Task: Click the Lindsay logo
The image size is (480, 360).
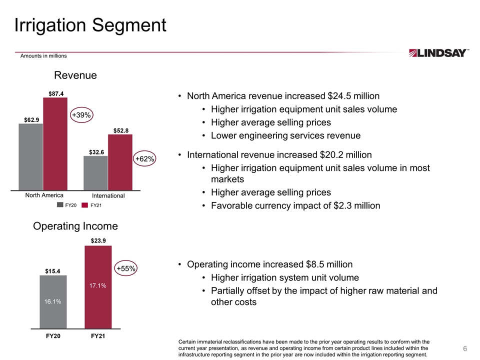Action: tap(438, 52)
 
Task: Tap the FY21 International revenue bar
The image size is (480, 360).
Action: tap(120, 162)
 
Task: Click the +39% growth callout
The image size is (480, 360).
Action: tap(81, 115)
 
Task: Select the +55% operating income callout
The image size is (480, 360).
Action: tap(126, 268)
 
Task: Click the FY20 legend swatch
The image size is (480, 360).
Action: tap(60, 205)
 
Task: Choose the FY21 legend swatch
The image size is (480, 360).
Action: tap(84, 205)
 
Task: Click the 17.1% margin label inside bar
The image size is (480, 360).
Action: tap(98, 285)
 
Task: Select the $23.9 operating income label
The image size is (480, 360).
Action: tap(98, 240)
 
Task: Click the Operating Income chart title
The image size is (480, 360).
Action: tap(75, 226)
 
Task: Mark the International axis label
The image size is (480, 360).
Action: tap(108, 195)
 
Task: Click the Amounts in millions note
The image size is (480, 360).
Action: tap(43, 55)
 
